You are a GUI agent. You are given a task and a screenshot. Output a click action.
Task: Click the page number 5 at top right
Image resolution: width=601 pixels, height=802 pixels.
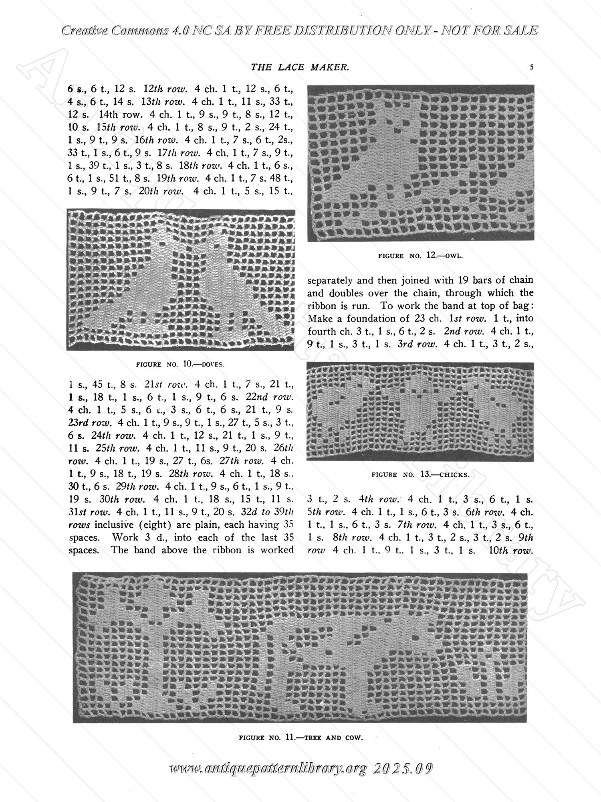(531, 67)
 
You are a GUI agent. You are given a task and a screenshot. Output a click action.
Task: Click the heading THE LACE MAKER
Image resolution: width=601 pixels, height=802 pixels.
(300, 67)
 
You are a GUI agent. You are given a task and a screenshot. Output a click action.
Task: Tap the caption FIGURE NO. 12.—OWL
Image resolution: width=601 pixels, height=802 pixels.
(421, 255)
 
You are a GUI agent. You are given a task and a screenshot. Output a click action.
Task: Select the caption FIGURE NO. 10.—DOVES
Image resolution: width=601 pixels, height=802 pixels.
(181, 365)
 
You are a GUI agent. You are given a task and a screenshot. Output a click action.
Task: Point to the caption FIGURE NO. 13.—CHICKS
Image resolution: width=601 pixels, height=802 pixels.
(420, 474)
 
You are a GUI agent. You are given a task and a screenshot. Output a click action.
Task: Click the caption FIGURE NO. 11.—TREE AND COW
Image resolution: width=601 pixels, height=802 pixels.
(300, 737)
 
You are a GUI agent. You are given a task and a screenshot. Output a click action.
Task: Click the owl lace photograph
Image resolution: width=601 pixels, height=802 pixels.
(421, 163)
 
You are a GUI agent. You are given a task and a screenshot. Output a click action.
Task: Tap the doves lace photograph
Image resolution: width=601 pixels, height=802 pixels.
(181, 279)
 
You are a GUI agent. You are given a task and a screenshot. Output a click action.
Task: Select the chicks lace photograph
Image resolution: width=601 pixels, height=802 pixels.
(420, 411)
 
